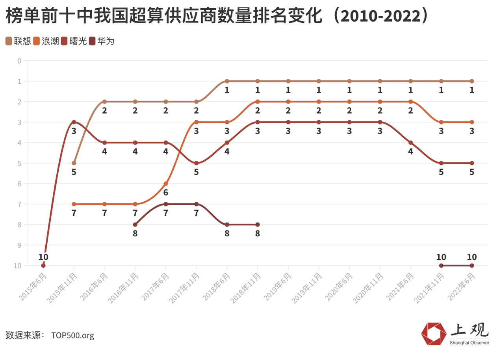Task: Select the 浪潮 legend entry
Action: click(46, 41)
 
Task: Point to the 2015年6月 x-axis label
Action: click(33, 286)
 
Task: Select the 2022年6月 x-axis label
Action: click(462, 286)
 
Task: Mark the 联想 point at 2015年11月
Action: click(74, 163)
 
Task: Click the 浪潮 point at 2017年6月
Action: click(166, 184)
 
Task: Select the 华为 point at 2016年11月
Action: click(135, 225)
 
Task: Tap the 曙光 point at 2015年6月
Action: click(43, 265)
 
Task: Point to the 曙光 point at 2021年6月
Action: click(411, 143)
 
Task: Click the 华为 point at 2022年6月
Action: click(472, 265)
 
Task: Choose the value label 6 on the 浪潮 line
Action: click(166, 193)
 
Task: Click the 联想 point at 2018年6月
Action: click(227, 81)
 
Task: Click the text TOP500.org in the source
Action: click(72, 336)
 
